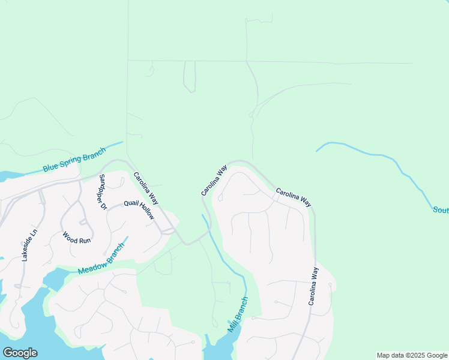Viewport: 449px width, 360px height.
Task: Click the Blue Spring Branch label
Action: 74,160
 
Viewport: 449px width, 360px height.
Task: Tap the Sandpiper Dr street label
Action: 102,191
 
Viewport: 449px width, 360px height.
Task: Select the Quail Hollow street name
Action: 139,210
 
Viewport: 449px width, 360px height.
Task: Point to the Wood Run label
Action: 76,236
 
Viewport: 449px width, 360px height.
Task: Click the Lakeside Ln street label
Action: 29,245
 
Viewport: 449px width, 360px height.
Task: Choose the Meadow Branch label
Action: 101,262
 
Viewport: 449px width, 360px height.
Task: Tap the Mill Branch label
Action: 238,315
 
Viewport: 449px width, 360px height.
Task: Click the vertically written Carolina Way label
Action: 313,286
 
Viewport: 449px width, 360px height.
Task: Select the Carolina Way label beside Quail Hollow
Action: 146,188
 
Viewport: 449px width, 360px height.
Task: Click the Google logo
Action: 20,353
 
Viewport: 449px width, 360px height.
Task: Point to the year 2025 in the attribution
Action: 412,355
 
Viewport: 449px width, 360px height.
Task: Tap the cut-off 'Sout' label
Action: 441,210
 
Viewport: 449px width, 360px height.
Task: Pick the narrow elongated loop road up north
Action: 190,77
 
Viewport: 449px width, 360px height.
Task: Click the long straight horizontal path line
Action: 270,61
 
